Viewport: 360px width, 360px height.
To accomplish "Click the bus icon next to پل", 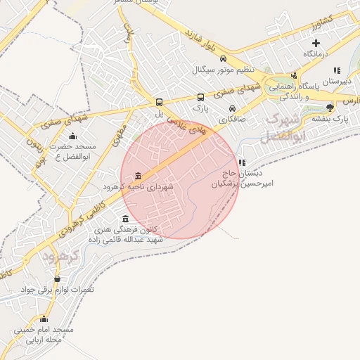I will (x=159, y=101).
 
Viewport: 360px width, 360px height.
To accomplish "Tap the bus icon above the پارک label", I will (x=200, y=98).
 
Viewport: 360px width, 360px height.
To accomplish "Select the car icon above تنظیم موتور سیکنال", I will (x=223, y=59).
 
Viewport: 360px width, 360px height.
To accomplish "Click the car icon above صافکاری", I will (x=232, y=109).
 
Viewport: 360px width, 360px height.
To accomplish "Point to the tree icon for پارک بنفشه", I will (x=330, y=107).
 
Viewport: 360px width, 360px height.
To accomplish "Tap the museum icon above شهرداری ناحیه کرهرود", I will (x=138, y=176).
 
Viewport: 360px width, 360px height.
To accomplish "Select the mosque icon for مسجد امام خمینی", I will (x=44, y=319).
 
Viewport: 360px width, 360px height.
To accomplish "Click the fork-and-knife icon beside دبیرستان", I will (x=337, y=70).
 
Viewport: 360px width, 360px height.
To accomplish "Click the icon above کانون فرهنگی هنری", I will (x=126, y=219).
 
